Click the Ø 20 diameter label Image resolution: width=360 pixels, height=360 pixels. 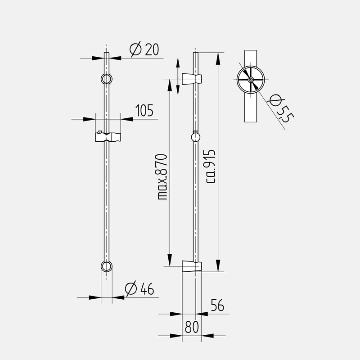point(144,49)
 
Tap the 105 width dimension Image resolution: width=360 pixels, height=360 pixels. point(144,110)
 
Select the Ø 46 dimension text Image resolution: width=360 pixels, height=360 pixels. point(139,288)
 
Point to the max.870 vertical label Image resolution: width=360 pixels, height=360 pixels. point(163,177)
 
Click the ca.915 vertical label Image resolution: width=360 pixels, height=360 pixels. point(211,166)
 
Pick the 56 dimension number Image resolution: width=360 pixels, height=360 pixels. point(217,305)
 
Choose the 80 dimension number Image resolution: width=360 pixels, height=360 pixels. point(192,327)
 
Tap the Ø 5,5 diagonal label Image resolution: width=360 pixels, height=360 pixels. point(282,108)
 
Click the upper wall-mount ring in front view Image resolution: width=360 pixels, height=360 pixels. point(107,79)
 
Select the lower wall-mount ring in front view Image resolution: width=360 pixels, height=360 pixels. point(107,266)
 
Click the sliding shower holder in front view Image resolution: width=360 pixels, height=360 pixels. point(108,137)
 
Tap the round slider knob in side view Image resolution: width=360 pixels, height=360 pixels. point(196,137)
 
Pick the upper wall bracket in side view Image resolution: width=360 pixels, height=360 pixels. point(192,79)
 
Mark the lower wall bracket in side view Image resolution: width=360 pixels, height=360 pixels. point(192,266)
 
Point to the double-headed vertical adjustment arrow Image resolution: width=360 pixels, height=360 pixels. point(178,76)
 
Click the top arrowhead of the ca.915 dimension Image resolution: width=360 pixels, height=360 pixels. point(218,59)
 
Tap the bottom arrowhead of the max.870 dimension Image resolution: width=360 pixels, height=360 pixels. point(170,260)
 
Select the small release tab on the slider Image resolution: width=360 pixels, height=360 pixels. point(99,132)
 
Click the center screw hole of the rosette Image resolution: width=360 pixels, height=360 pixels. point(251,80)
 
